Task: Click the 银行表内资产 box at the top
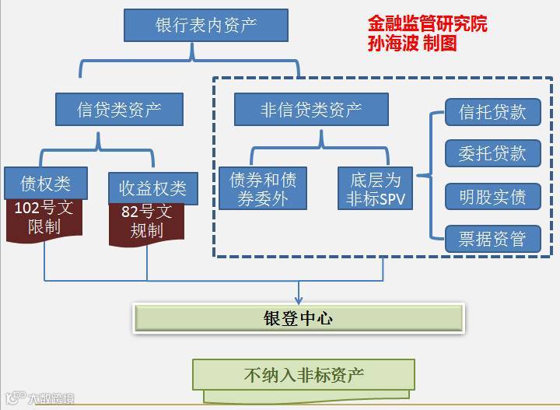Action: [x=205, y=25]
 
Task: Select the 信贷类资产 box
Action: [x=119, y=110]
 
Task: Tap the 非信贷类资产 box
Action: [x=299, y=110]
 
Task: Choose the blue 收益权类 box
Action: [x=152, y=187]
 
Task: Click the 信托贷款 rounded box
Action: [x=492, y=111]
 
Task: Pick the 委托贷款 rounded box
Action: [x=492, y=153]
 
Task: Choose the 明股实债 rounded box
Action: [x=492, y=196]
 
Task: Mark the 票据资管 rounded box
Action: [x=492, y=238]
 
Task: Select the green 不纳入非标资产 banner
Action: [x=303, y=376]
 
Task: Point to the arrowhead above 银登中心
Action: [x=299, y=298]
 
